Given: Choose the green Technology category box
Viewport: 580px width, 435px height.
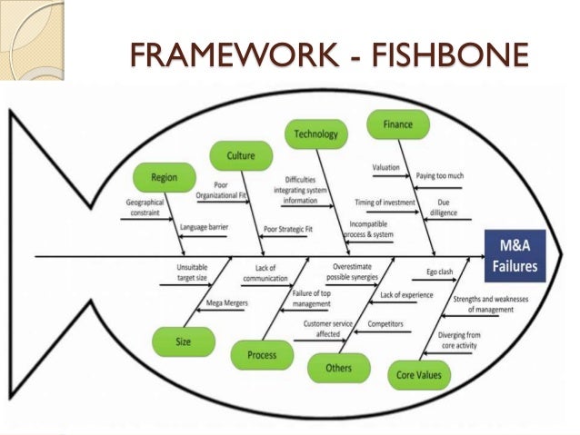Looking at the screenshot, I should click(x=315, y=134).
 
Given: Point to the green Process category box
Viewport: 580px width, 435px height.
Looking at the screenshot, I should click(x=263, y=354).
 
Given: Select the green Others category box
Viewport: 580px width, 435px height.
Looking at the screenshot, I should click(x=338, y=367).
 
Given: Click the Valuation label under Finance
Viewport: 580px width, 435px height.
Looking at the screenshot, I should click(x=385, y=168).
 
